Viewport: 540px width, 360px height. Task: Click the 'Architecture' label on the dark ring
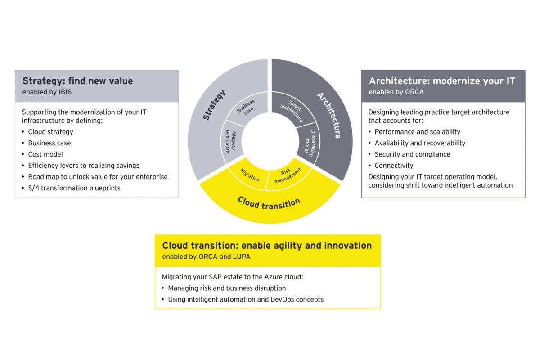click(x=329, y=115)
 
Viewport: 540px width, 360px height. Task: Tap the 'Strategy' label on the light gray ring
click(x=214, y=105)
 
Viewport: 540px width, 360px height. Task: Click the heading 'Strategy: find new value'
click(x=78, y=81)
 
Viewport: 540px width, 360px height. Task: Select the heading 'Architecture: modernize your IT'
click(x=442, y=81)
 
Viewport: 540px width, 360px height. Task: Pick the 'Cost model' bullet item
click(x=45, y=154)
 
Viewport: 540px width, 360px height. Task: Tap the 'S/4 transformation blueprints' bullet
click(x=74, y=188)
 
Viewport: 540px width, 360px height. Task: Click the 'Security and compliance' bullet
click(x=412, y=154)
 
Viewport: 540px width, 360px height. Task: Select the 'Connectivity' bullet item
click(x=394, y=166)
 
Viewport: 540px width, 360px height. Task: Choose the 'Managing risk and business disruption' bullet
click(x=227, y=288)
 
